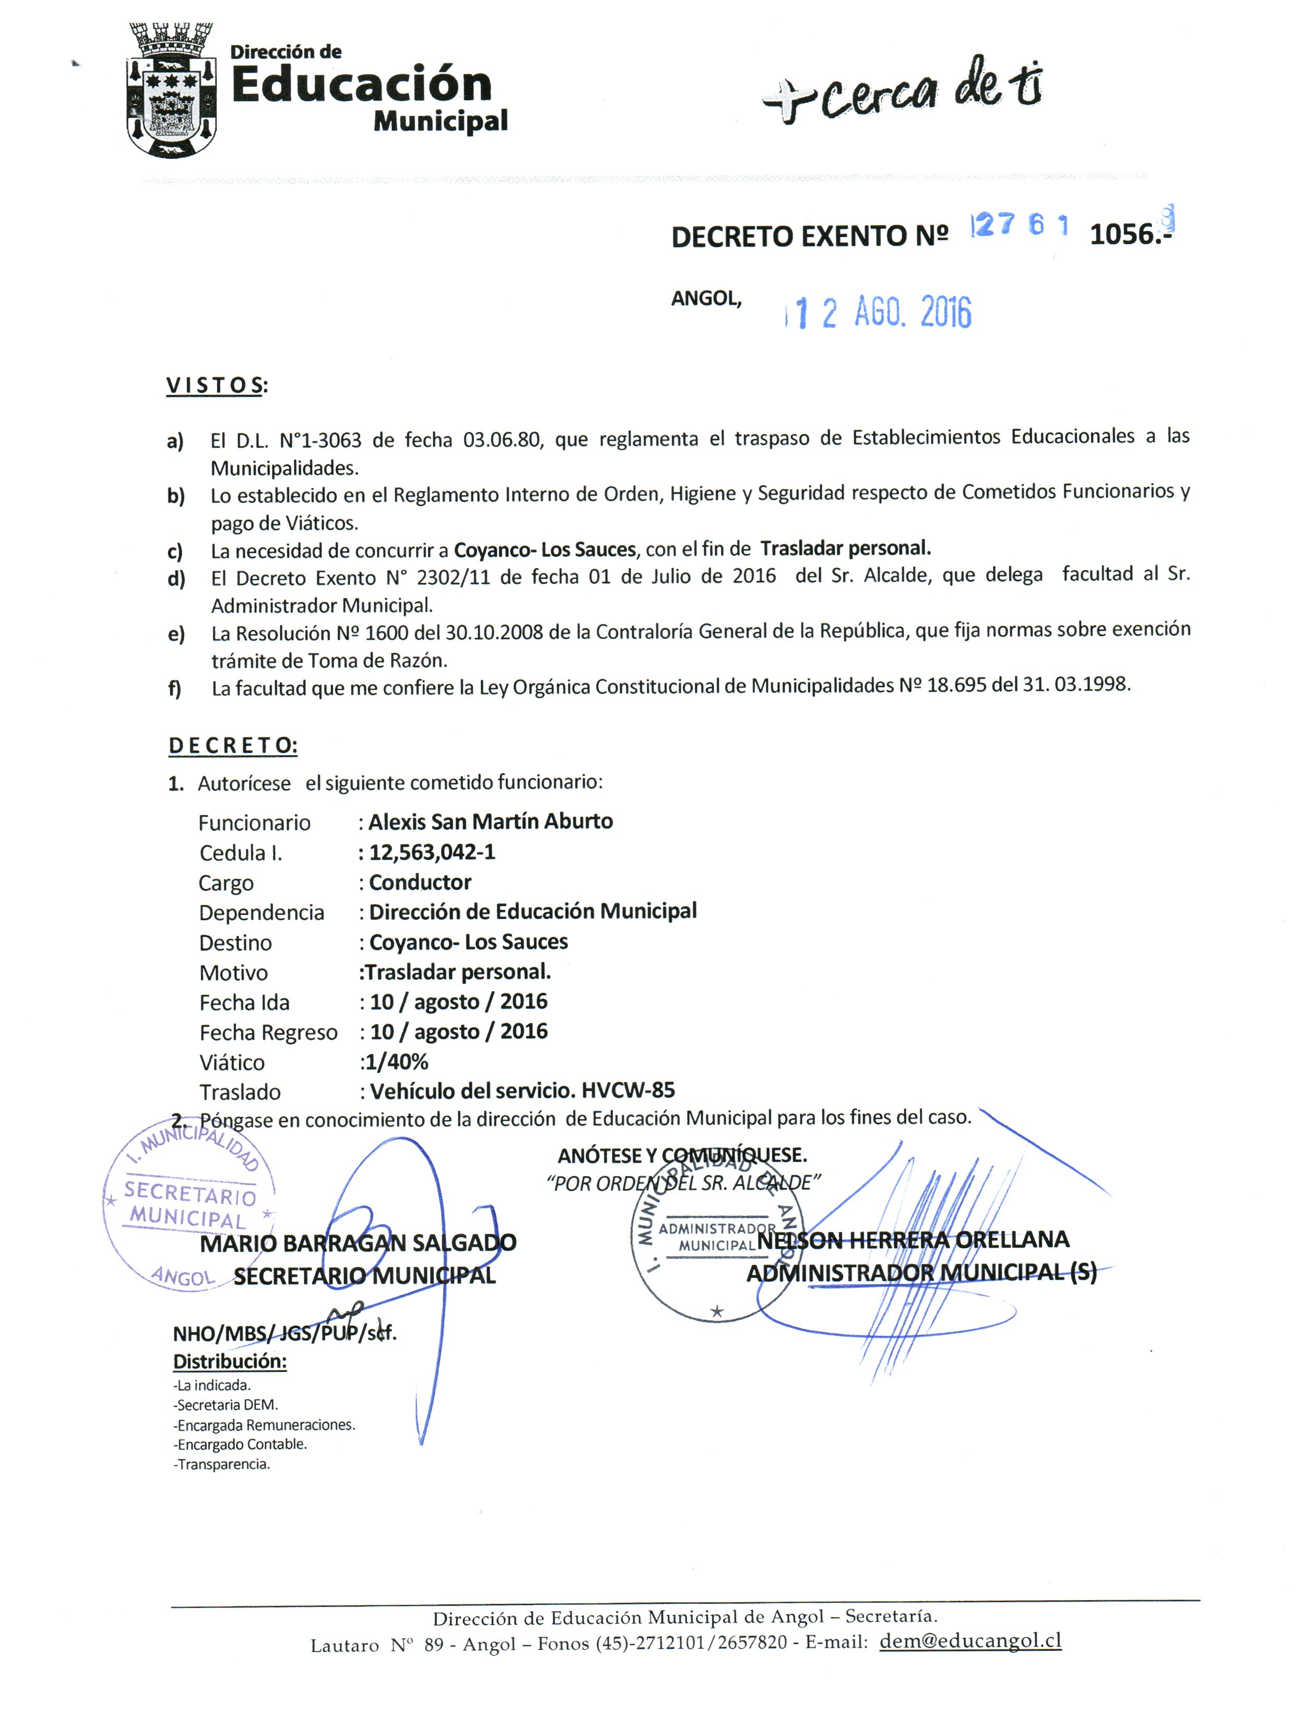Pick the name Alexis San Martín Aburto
coord(490,821)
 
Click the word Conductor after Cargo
coord(420,883)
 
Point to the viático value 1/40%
coord(396,1061)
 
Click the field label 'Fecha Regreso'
coord(268,1032)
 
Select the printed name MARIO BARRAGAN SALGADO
coord(358,1243)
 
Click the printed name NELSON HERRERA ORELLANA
coord(913,1240)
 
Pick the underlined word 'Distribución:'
coord(230,1361)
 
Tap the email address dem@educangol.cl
coord(970,1640)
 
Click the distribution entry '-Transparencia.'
coord(221,1464)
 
